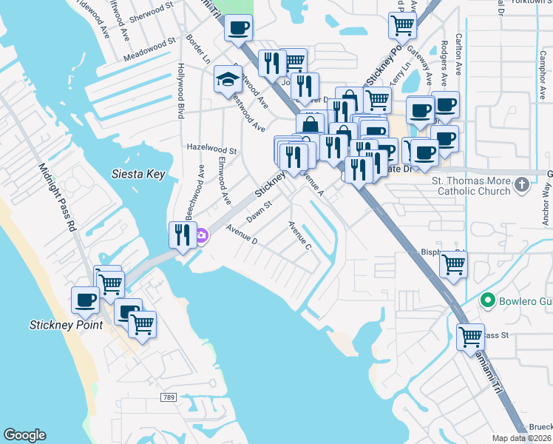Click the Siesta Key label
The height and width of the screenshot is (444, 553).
138,175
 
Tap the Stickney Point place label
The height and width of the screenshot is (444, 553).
59,324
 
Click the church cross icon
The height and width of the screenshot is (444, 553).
523,184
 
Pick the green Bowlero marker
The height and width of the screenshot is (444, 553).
486,300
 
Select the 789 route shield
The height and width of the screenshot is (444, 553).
169,398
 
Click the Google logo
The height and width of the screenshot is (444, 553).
24,435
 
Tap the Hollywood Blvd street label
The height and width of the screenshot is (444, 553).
180,91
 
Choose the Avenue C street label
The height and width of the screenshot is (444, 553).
299,235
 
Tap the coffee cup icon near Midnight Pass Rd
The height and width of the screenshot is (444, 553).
85,300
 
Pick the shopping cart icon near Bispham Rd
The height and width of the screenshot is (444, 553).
452,264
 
